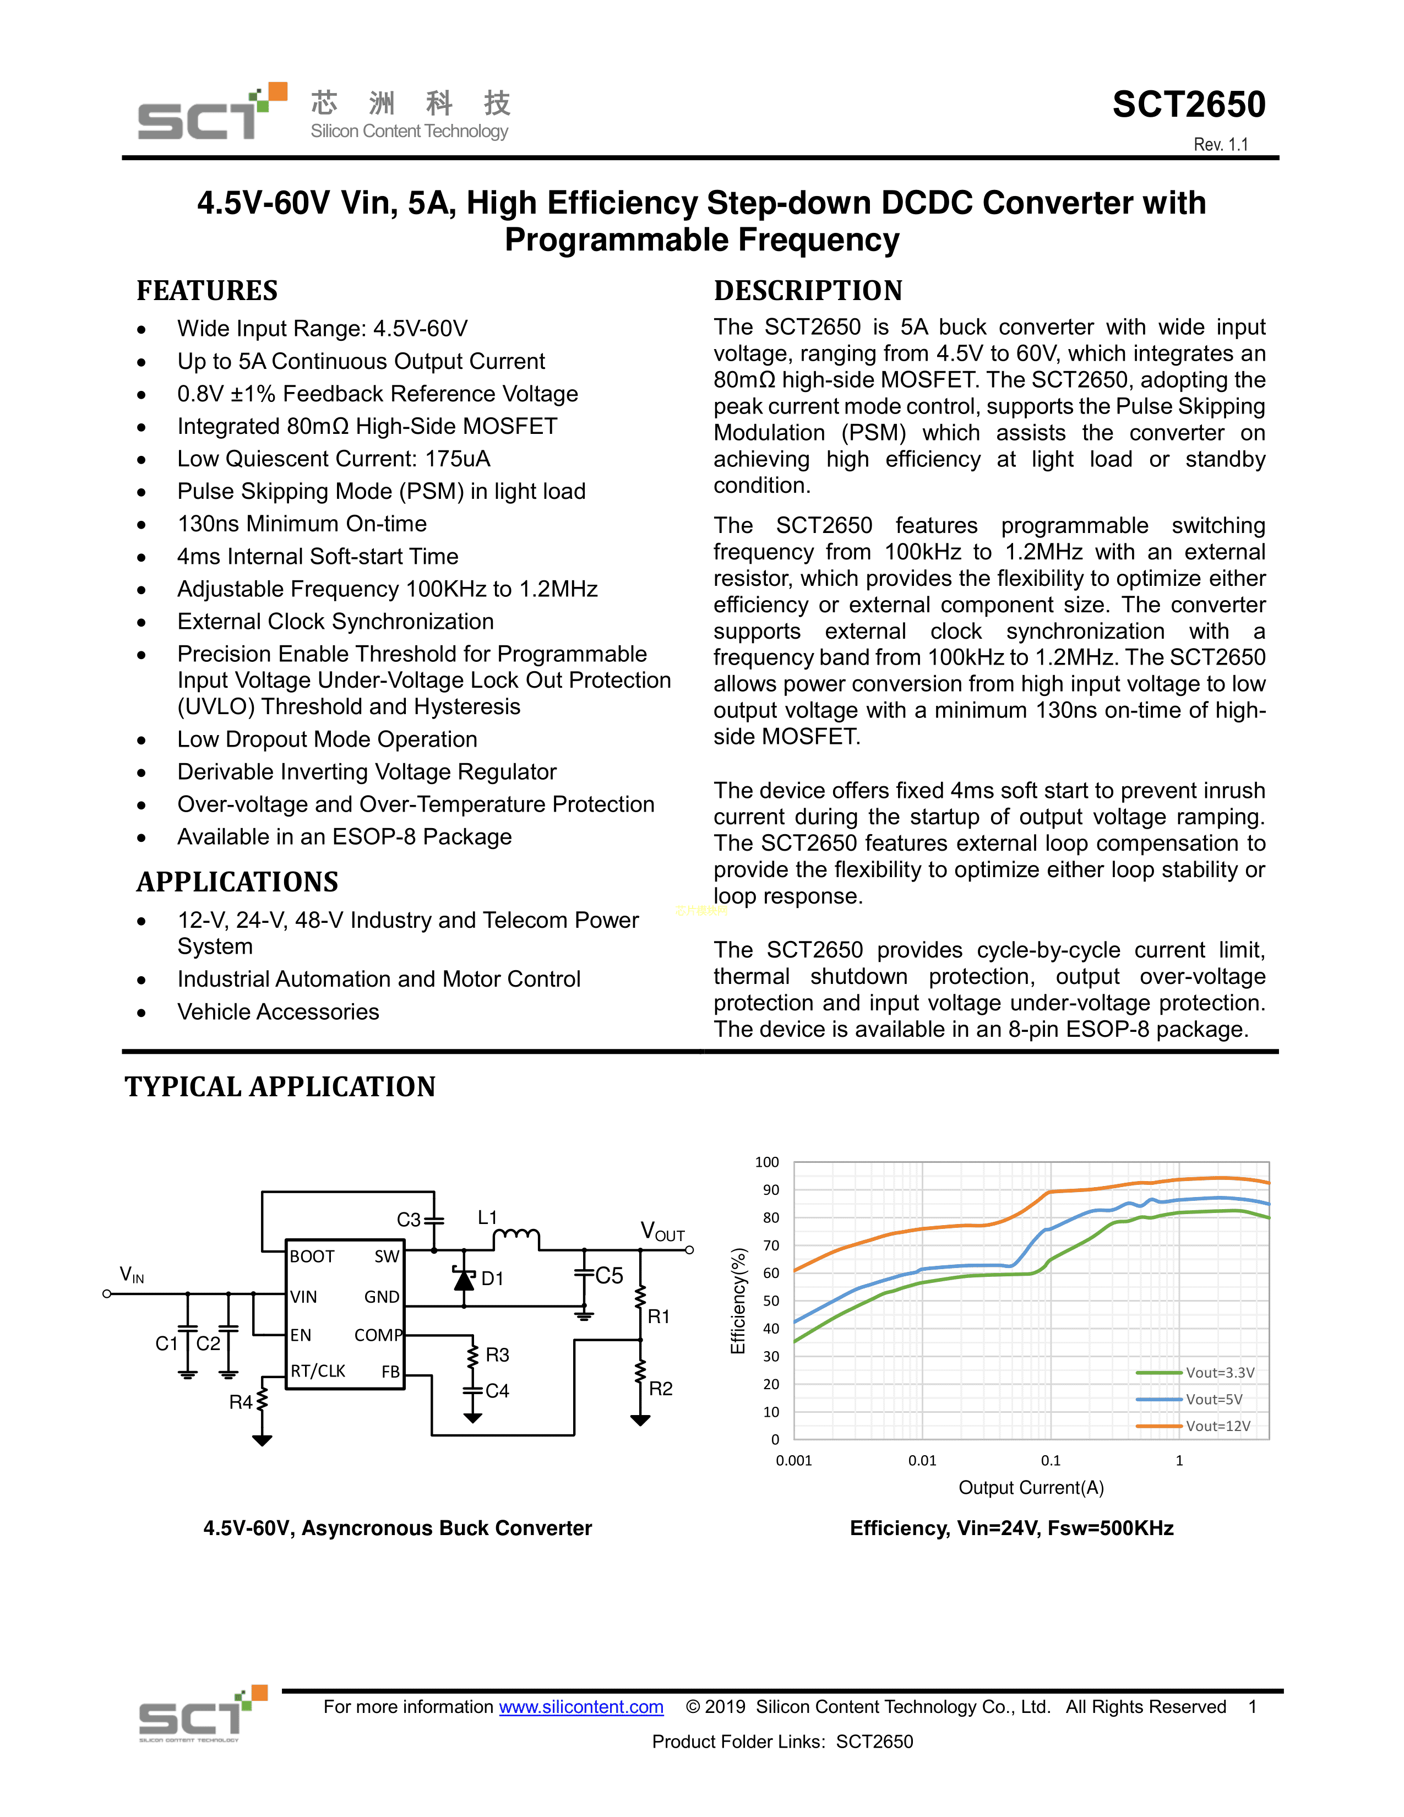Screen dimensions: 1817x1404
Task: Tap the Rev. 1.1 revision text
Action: pos(1220,145)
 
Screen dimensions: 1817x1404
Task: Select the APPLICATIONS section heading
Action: pos(237,882)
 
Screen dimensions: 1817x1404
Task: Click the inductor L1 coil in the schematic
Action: pos(516,1237)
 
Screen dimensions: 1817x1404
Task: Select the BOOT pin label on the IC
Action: pos(312,1256)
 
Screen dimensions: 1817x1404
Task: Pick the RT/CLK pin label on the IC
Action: pos(318,1371)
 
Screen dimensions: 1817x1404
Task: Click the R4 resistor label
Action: pos(241,1403)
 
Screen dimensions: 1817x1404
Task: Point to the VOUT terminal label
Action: pos(662,1231)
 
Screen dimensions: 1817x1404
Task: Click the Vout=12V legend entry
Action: pos(1217,1426)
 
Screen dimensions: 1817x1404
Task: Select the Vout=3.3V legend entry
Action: pos(1220,1373)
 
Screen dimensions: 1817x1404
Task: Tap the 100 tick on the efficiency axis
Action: pos(767,1162)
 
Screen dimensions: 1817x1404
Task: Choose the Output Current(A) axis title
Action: pos(1031,1488)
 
